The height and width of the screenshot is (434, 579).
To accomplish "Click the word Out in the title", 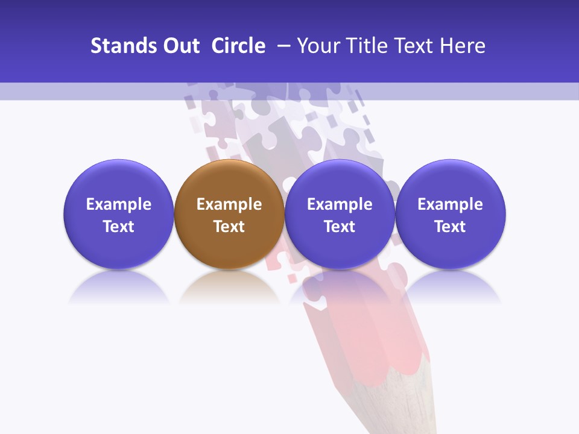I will point(180,46).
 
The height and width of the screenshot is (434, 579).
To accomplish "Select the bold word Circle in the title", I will point(238,46).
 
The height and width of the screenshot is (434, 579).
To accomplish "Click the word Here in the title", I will point(463,46).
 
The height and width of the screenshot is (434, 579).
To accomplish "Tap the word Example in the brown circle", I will point(229,204).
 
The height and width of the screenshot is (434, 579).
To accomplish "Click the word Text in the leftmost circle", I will point(118,227).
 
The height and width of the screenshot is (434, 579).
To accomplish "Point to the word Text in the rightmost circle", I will point(450,227).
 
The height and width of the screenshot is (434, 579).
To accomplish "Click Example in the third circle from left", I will point(340,204).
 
